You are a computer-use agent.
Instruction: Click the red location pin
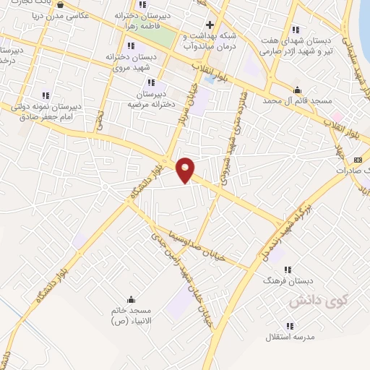[186, 169]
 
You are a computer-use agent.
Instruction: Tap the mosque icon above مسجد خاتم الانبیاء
[130, 300]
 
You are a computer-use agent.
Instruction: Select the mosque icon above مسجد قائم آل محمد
[297, 90]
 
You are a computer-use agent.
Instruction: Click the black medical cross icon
[210, 25]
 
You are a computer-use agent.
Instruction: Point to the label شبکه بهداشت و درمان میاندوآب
[210, 41]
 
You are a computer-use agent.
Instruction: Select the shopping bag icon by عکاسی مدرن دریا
[59, 4]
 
